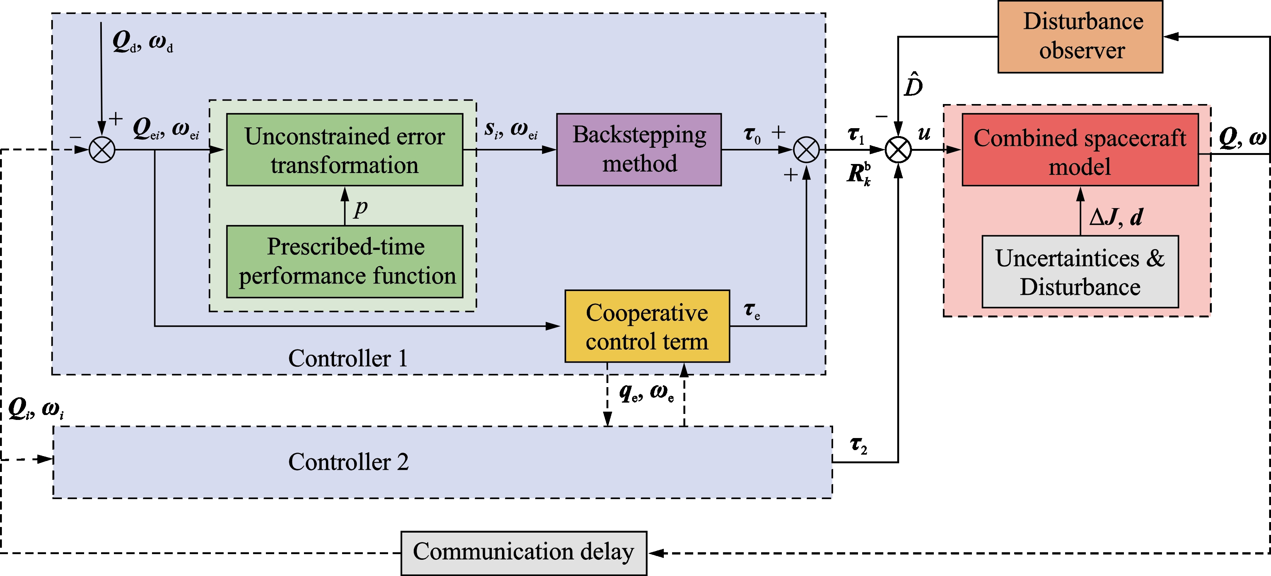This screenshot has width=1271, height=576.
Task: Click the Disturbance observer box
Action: [1080, 37]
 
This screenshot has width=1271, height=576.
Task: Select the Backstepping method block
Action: [639, 149]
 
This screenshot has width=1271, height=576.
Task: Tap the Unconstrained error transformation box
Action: [344, 149]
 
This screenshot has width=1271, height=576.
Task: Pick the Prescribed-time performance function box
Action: [344, 261]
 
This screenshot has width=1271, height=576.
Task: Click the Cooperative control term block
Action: [647, 326]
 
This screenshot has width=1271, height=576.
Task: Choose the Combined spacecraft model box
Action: [1080, 149]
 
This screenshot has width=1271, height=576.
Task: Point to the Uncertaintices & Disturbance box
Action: [1080, 272]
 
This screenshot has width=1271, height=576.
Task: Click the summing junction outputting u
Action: [898, 149]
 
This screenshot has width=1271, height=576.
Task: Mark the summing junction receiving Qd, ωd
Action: [102, 149]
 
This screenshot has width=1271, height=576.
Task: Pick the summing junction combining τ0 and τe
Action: [806, 149]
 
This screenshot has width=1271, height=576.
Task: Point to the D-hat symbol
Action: [913, 84]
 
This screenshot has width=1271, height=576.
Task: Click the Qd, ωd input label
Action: [143, 41]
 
